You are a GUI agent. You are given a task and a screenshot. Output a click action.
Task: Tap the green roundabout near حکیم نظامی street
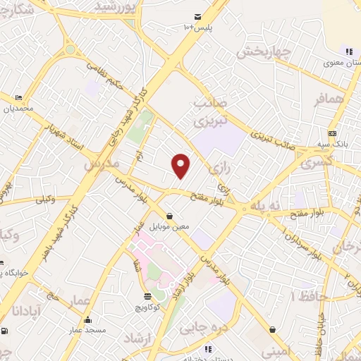(71, 49)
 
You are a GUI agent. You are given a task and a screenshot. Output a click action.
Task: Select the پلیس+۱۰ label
(198, 27)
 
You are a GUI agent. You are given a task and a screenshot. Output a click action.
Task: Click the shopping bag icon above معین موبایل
(169, 216)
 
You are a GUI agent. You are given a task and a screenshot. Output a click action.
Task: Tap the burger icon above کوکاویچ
(147, 297)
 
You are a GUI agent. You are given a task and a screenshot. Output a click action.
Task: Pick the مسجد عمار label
(87, 329)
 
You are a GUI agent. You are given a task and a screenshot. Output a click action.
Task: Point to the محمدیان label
(18, 109)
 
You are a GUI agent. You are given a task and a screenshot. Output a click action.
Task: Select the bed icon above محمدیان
(18, 98)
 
